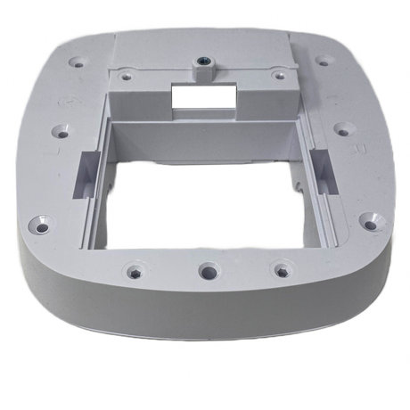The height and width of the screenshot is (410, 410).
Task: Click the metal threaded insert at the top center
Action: [205, 64]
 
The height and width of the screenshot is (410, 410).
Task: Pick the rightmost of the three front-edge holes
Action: [282, 266]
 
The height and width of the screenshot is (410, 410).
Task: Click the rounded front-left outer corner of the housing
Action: [36, 267]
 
